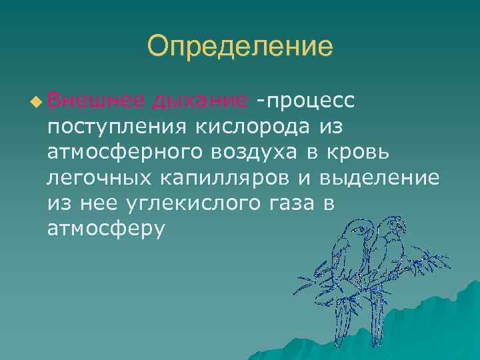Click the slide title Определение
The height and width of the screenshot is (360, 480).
tap(239, 47)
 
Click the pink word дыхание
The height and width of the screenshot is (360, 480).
tap(199, 100)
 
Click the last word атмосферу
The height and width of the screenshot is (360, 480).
tap(105, 229)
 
